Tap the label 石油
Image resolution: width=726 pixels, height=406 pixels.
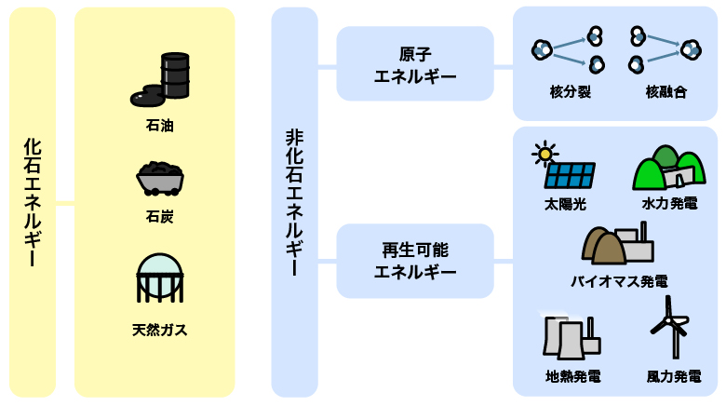(160, 125)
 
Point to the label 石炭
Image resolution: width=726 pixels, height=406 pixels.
(160, 217)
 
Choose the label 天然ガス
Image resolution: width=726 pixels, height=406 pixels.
(160, 330)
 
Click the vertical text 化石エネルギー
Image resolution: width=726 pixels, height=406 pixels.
(33, 203)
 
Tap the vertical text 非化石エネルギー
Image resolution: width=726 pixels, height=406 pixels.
(294, 203)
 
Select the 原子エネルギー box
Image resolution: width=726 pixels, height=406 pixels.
(415, 64)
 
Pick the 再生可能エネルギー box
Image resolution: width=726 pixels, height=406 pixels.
(415, 261)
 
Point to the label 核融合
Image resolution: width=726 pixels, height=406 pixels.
(665, 92)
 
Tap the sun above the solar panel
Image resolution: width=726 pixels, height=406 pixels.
(543, 152)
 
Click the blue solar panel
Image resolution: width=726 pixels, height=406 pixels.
(569, 175)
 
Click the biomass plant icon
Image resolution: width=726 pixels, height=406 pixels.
(616, 244)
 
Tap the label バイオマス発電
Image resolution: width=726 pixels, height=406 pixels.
(619, 280)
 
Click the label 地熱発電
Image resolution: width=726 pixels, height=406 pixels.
(572, 377)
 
